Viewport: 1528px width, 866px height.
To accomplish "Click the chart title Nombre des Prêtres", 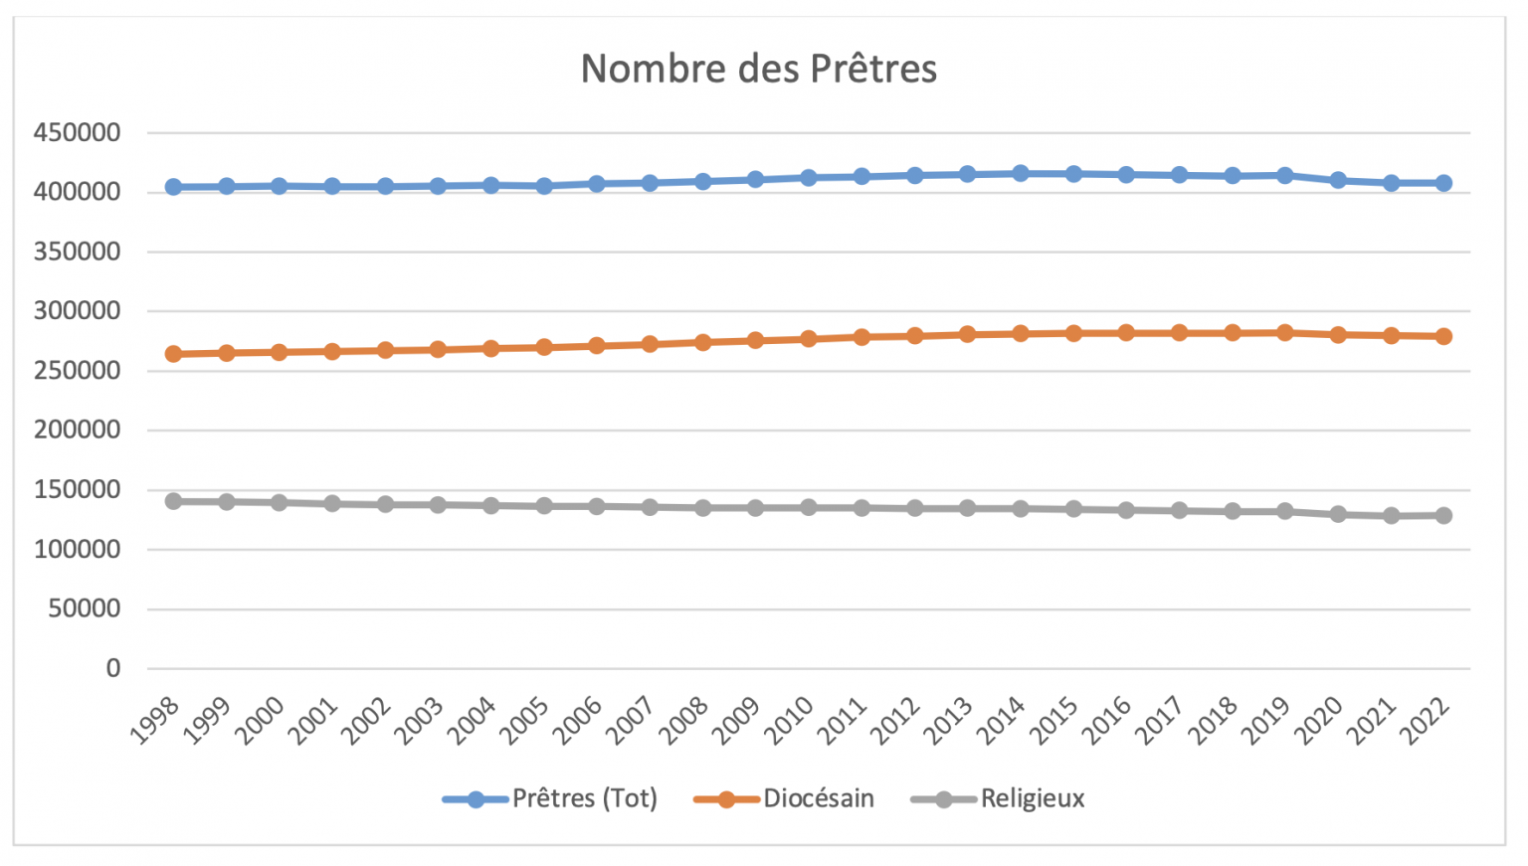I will [758, 69].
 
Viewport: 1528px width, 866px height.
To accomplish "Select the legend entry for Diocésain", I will [818, 798].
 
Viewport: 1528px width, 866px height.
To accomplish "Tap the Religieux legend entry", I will [1032, 798].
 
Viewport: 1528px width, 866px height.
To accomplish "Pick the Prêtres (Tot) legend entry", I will [584, 798].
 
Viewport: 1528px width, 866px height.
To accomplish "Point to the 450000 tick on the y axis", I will [77, 132].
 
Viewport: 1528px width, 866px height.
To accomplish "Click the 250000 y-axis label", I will [77, 370].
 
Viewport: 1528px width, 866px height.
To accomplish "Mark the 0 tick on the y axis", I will [113, 668].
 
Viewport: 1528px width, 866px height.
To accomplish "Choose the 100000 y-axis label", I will [77, 549].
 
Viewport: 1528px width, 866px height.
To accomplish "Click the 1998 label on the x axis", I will [155, 720].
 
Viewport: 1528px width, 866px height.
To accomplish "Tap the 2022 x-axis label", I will [1426, 720].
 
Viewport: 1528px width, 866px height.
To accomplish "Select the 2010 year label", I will [790, 720].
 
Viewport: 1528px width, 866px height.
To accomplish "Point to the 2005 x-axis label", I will [525, 720].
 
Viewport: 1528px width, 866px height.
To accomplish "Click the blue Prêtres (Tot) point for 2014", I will [1021, 173].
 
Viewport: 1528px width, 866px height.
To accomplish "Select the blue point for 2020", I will [1338, 180].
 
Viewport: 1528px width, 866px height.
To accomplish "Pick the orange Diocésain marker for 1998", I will [173, 354].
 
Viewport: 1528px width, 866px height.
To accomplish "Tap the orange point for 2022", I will [1443, 336].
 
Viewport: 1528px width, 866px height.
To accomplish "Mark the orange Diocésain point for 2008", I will [703, 342].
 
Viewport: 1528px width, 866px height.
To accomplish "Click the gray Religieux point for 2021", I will [1391, 516].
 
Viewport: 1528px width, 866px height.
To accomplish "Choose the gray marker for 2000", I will [280, 502].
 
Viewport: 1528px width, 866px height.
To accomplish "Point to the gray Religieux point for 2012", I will [914, 508].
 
